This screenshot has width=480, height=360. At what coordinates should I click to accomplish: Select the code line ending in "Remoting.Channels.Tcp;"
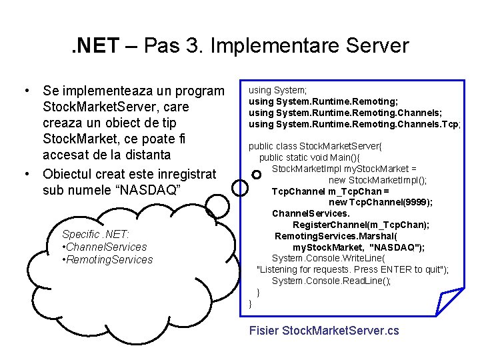point(355,123)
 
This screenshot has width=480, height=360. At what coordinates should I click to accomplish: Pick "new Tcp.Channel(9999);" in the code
point(381,202)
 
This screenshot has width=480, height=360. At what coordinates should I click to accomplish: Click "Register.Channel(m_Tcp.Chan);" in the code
point(361,225)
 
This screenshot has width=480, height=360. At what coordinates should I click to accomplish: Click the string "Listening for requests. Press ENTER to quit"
point(351,269)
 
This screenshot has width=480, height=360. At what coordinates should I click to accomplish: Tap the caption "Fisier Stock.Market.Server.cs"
point(323,330)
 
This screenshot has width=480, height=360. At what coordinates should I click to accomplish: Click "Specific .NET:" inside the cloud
point(95,234)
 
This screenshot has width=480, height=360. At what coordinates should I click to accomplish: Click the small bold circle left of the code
point(257,174)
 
